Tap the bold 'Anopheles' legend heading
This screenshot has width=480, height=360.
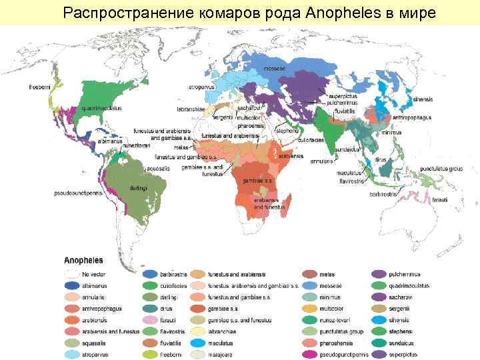coord(83,261)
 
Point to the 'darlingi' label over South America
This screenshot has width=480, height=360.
coord(139,187)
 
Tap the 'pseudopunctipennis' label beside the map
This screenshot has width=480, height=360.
coord(78,193)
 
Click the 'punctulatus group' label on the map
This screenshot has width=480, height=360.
coord(441,169)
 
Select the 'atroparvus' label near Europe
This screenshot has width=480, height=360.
coord(201,87)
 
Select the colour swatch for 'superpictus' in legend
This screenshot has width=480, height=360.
coord(379,355)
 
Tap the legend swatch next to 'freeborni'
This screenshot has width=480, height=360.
coord(151,355)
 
